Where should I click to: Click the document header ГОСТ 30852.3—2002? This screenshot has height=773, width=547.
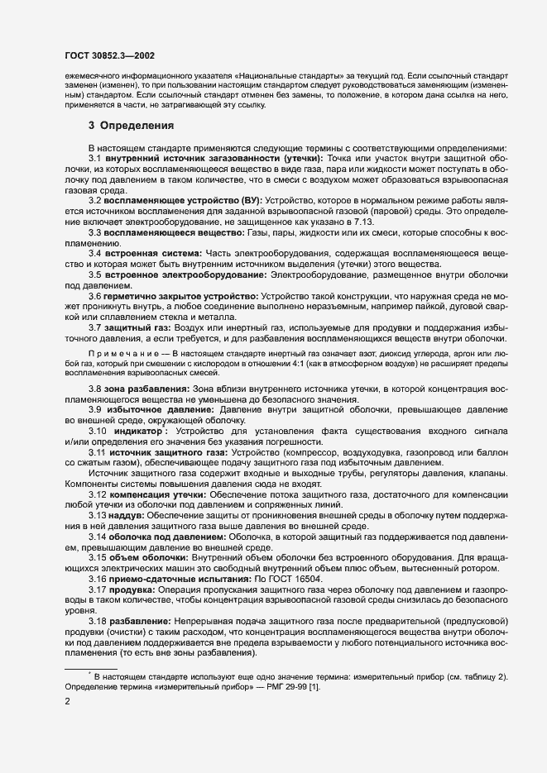(116, 55)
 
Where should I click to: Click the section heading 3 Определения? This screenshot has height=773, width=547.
(131, 126)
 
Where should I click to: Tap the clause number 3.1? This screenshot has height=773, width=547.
(94, 158)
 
